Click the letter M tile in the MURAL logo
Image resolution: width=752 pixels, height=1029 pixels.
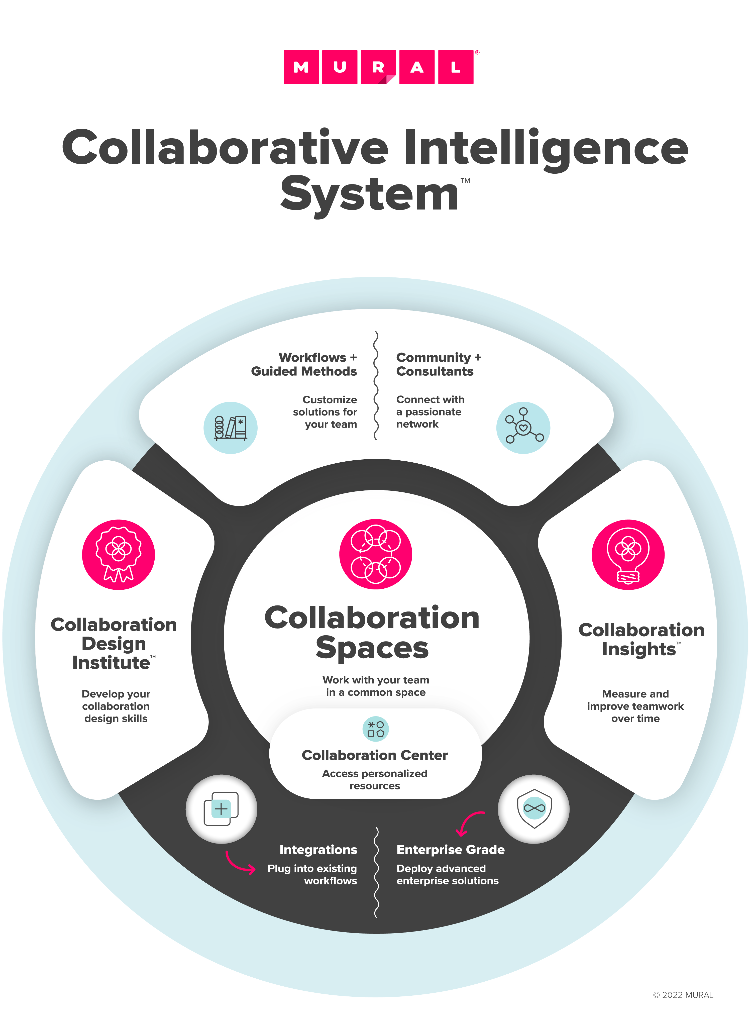click(301, 67)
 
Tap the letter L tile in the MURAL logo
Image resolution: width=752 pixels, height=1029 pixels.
click(456, 67)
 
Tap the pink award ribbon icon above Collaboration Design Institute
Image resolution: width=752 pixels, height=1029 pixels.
click(118, 555)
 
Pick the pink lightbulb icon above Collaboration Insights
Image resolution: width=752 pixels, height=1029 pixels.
click(628, 555)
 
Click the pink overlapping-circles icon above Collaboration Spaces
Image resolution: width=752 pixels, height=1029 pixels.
click(376, 554)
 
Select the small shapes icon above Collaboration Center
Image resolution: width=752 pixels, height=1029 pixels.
click(376, 729)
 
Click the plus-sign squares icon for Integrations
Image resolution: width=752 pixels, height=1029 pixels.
click(221, 809)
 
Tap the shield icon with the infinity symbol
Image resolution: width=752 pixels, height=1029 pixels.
click(534, 809)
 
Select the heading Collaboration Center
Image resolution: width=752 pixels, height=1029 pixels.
click(375, 755)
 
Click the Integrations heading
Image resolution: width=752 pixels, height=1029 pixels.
click(318, 850)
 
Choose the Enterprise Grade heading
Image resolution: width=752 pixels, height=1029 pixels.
click(450, 850)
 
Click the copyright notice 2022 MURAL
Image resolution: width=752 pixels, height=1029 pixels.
click(683, 995)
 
